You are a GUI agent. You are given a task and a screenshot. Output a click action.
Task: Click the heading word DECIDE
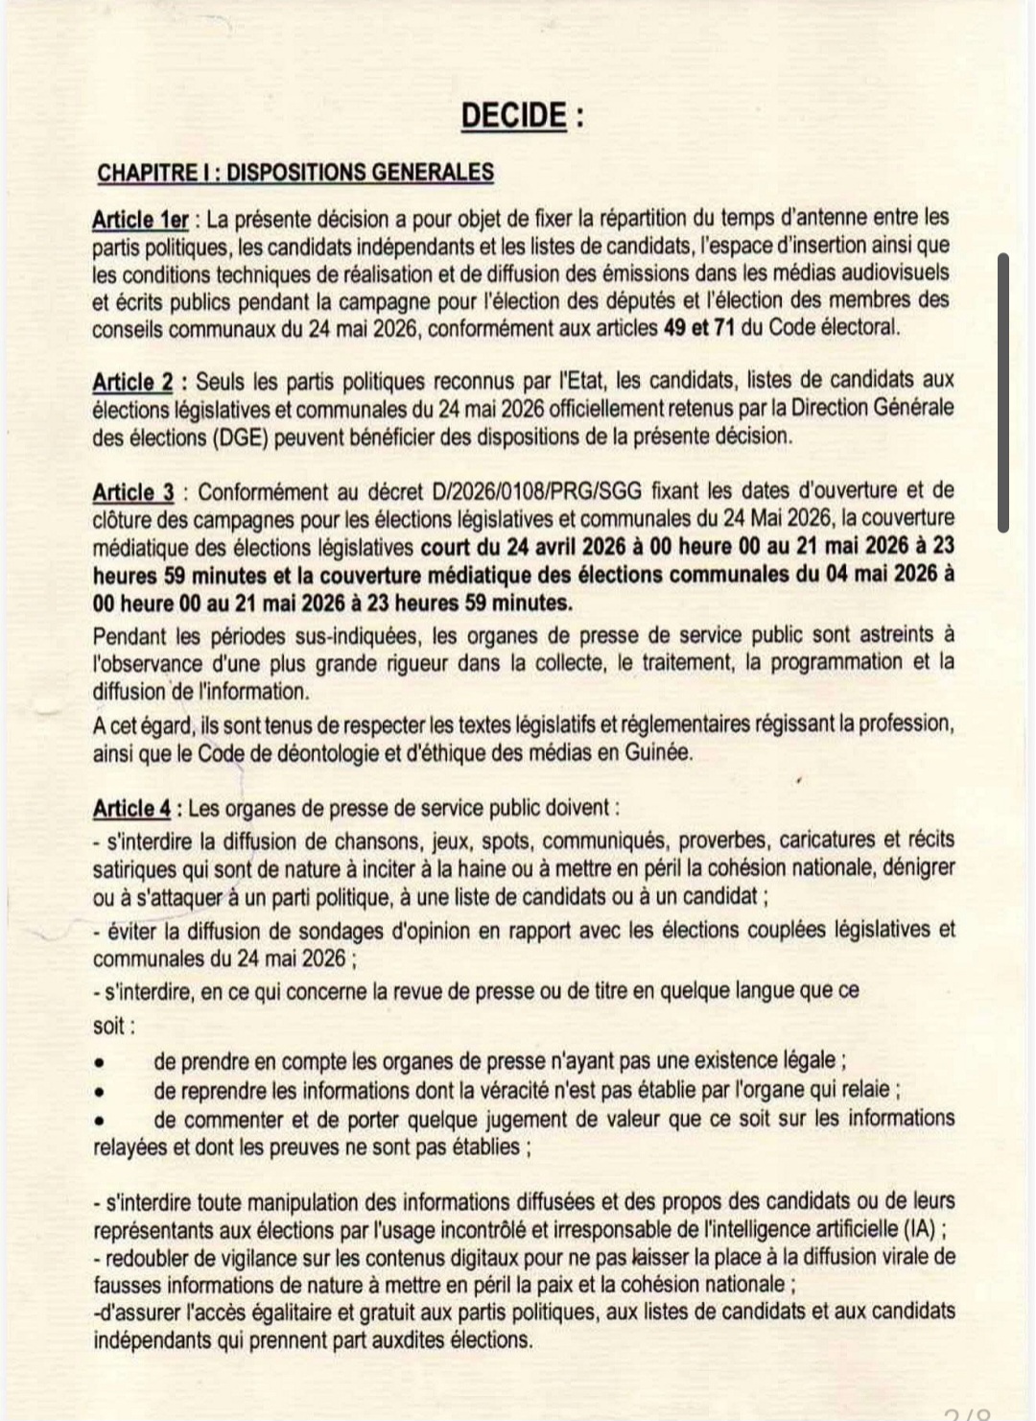coord(515,115)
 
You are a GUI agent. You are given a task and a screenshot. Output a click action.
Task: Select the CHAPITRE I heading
coord(295,173)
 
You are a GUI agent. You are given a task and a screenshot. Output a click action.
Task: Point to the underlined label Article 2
coord(132,382)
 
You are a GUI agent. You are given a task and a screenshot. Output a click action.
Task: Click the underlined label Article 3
coord(133,492)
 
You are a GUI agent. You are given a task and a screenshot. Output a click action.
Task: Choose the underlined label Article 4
coord(131,809)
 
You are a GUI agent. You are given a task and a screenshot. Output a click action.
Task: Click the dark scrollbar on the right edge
coord(1003,392)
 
